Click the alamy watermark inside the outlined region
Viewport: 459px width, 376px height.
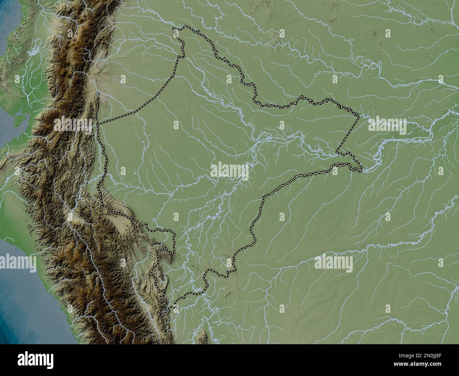(x=229, y=171)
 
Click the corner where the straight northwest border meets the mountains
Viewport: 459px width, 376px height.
(x=97, y=124)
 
